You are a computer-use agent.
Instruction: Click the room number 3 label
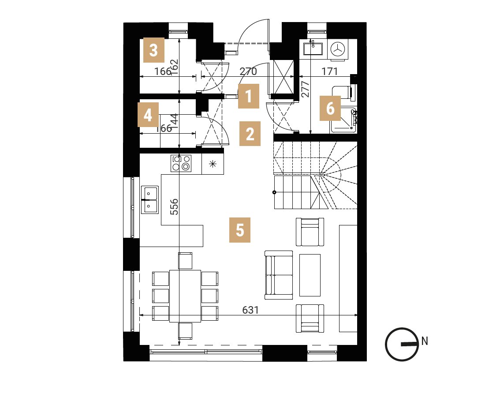pos(154,50)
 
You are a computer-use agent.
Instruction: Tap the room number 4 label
pos(148,115)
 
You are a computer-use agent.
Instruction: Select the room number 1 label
pos(249,96)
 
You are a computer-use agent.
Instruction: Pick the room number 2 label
pos(250,134)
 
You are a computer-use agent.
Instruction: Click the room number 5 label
pos(240,230)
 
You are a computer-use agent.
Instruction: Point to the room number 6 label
pos(330,109)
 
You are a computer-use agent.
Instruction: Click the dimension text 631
pos(250,310)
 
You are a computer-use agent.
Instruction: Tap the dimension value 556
pos(175,207)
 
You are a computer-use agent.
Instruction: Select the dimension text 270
pos(248,71)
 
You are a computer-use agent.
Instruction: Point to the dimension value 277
pos(305,89)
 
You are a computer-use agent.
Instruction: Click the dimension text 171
pos(329,71)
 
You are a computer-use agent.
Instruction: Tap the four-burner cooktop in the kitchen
pos(181,163)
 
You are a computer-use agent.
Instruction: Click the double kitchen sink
pos(150,200)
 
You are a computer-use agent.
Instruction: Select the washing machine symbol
pos(338,49)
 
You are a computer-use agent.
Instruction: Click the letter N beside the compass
pos(425,341)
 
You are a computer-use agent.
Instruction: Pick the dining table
pos(185,296)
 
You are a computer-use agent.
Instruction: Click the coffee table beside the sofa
pos(310,275)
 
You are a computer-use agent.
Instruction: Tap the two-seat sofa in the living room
pos(279,275)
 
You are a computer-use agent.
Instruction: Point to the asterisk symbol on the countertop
pos(213,164)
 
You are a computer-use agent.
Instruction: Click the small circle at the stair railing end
pos(274,192)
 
